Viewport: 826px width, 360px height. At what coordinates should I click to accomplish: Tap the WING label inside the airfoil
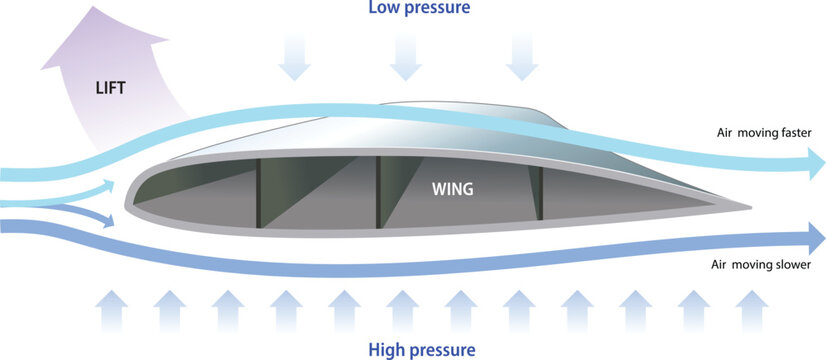[453, 187]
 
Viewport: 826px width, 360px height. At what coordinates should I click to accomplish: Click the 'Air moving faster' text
[767, 133]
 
